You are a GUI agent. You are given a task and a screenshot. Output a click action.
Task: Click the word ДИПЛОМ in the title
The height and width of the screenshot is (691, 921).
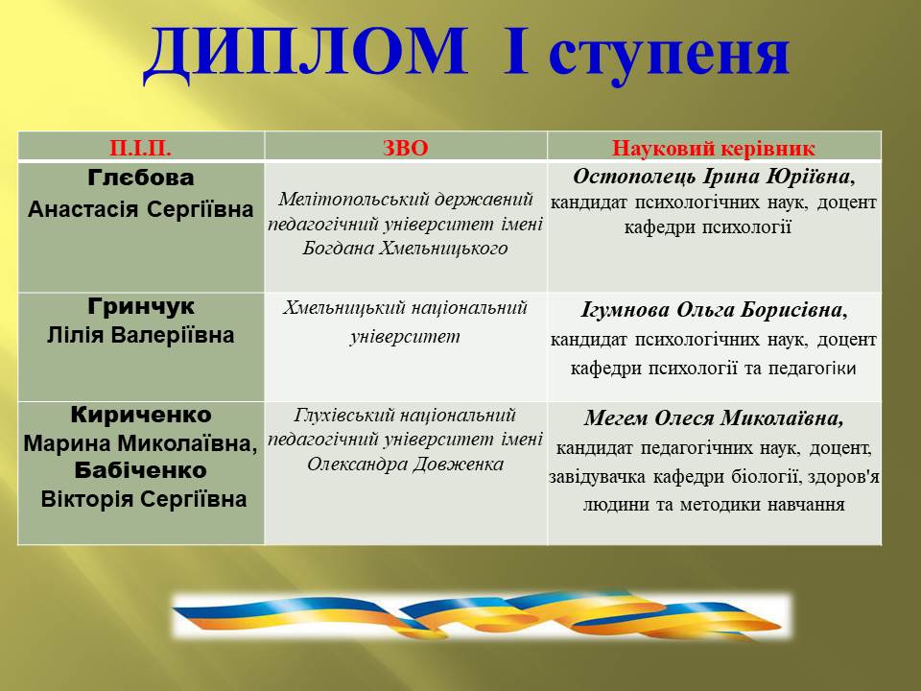point(305,54)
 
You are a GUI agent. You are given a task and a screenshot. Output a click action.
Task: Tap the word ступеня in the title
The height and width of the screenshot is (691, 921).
point(669,56)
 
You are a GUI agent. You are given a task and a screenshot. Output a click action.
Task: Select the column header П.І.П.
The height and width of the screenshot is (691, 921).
point(140,148)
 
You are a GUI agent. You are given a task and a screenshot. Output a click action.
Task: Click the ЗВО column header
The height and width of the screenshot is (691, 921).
point(405,148)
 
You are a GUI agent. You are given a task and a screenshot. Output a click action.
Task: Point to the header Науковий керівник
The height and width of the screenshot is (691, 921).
point(714,148)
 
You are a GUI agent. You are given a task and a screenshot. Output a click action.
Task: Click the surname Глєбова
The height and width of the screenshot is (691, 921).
point(141,178)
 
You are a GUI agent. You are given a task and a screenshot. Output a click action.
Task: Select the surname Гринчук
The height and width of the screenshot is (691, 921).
point(141,306)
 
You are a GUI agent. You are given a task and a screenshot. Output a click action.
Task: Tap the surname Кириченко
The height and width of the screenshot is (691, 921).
point(141,415)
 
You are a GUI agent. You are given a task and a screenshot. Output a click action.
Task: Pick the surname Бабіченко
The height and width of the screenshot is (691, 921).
point(141,470)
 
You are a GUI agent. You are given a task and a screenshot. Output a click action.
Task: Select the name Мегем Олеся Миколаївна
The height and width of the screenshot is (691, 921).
point(714,417)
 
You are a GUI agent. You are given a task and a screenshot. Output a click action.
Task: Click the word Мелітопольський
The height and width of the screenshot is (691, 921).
point(350,200)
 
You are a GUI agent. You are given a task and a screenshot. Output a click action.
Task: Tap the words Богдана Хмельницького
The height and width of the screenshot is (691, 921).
point(405,248)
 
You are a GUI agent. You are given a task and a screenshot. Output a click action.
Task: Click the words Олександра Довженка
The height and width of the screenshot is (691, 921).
point(405,465)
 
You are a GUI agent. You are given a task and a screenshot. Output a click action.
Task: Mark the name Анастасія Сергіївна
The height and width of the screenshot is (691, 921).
point(141,209)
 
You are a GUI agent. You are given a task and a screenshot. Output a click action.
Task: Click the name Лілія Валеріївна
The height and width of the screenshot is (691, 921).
point(141,336)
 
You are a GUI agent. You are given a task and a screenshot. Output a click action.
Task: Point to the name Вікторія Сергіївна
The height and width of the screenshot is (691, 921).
point(143,499)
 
